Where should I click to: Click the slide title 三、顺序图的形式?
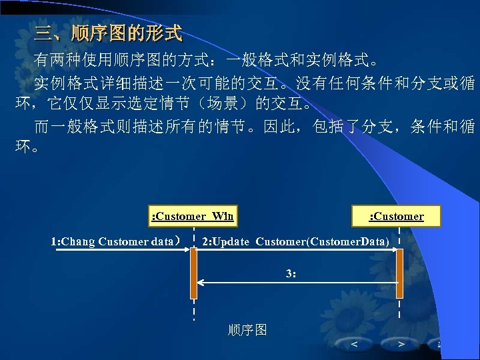(x=108, y=32)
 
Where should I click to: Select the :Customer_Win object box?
(x=192, y=215)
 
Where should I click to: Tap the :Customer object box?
(x=397, y=215)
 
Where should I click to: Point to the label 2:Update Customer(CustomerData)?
(x=295, y=241)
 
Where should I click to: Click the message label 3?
(x=291, y=273)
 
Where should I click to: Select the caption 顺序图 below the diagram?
(x=247, y=330)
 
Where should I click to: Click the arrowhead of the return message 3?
(x=201, y=283)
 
